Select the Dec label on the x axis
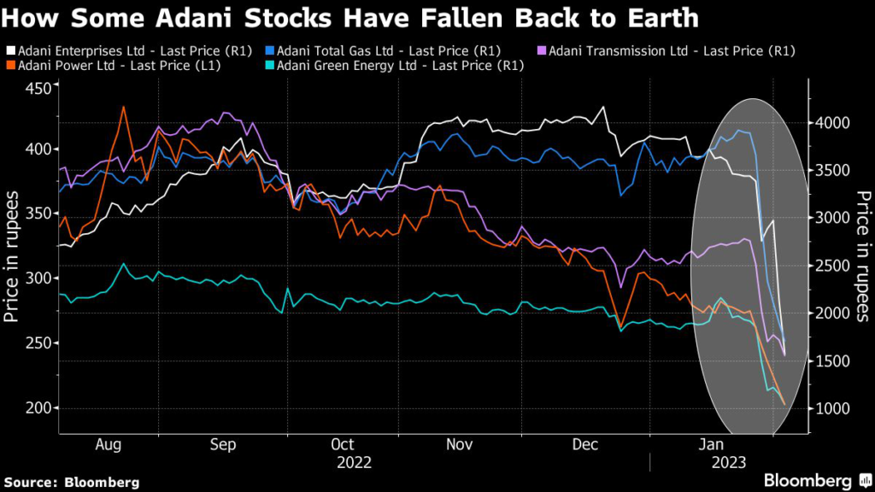pos(584,444)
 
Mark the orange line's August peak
pos(124,107)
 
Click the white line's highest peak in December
pos(603,108)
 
